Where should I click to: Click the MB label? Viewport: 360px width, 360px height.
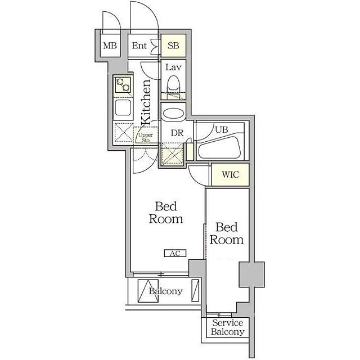point(110,46)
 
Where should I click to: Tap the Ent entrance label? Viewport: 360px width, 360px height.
point(139,46)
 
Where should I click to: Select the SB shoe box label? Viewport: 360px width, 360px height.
point(173,46)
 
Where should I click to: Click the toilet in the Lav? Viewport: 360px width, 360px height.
point(173,87)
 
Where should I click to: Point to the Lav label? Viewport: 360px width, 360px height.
point(173,67)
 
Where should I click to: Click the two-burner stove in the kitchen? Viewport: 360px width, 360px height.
point(123,85)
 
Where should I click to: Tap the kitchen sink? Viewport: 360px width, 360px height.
point(123,107)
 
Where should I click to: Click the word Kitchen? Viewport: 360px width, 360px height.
point(146,102)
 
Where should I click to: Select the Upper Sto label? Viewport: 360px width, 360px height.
point(146,137)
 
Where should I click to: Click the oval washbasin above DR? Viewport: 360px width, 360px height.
point(173,114)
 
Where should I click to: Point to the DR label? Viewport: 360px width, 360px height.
point(177,133)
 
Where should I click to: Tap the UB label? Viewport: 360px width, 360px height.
point(222,129)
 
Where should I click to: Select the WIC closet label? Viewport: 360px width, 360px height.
point(231,174)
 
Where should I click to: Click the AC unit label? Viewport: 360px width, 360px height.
point(175,253)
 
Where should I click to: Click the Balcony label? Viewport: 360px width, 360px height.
point(165,291)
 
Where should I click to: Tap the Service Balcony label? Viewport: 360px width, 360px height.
point(227,327)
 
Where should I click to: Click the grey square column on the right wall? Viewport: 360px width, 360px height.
point(252,274)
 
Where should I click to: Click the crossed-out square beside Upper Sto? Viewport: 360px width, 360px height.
point(124,133)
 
